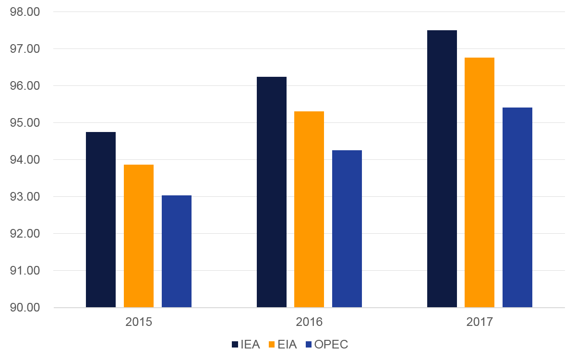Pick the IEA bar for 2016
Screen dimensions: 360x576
(272, 192)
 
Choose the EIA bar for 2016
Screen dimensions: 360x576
(309, 209)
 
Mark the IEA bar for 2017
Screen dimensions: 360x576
(442, 168)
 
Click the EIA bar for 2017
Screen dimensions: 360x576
(480, 182)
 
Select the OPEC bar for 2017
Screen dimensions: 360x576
(517, 207)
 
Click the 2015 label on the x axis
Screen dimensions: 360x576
(139, 322)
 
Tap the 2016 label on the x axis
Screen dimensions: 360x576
(309, 322)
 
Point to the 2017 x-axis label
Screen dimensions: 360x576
(480, 322)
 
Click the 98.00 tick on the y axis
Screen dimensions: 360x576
(24, 12)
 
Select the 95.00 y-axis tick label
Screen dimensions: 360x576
(24, 123)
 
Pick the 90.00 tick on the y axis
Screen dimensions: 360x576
(24, 308)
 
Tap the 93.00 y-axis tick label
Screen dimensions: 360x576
(24, 197)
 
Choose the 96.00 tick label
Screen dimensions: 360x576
(24, 86)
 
